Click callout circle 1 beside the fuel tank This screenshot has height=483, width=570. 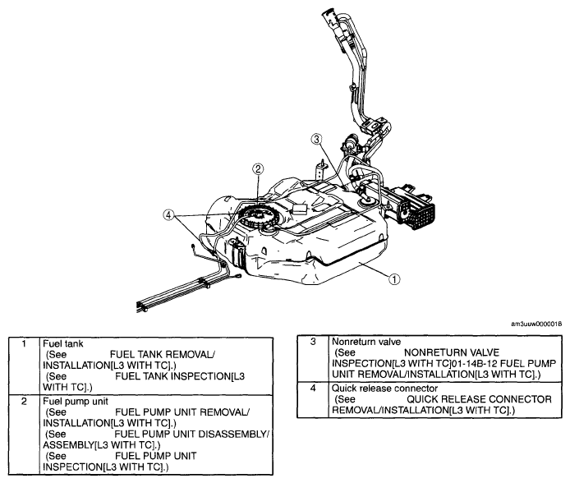[x=394, y=279]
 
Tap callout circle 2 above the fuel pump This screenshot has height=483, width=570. [x=258, y=168]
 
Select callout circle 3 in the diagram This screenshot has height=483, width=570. [x=316, y=139]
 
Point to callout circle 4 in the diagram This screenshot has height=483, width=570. [x=168, y=215]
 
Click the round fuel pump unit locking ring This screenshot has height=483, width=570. [x=258, y=217]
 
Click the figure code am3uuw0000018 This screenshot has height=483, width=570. [x=536, y=324]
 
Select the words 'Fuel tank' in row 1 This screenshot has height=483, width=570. [x=63, y=344]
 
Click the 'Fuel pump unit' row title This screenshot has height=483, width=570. [x=76, y=401]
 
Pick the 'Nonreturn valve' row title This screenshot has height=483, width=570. [x=366, y=342]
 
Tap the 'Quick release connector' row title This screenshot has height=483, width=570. [x=384, y=389]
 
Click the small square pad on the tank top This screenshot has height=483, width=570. [x=299, y=209]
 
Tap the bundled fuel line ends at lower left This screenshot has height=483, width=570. [x=143, y=307]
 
